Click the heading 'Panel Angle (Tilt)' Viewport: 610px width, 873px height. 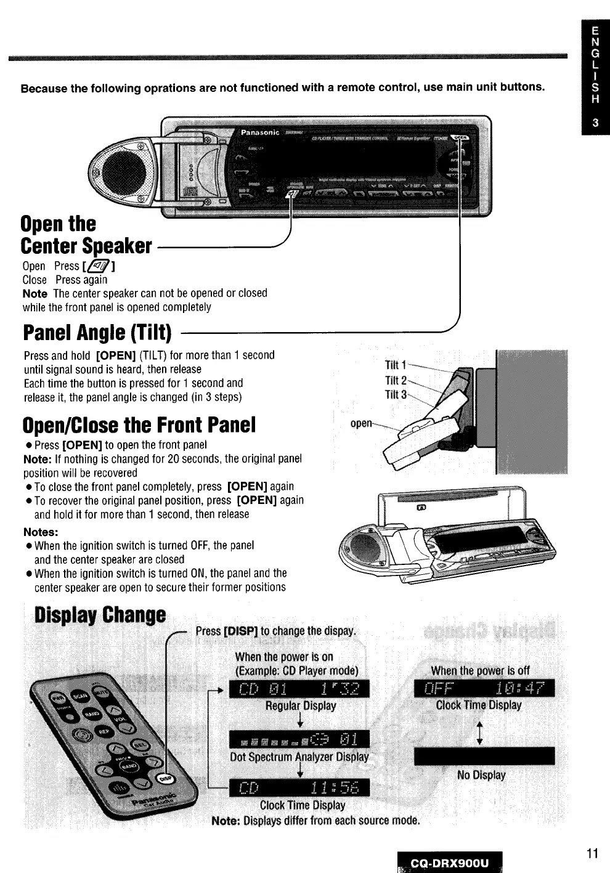click(x=97, y=333)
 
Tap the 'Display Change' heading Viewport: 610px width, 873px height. click(x=100, y=615)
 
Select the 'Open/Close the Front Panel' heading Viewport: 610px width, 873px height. click(x=139, y=425)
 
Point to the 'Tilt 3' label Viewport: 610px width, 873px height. click(x=396, y=394)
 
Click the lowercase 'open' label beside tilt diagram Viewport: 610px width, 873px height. click(x=361, y=423)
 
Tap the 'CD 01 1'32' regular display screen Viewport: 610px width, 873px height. click(x=299, y=689)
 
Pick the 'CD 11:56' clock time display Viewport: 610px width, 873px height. click(x=299, y=787)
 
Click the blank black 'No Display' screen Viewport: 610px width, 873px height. click(x=484, y=756)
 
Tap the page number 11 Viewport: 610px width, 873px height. click(x=592, y=853)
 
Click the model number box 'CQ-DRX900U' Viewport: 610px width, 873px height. click(x=450, y=863)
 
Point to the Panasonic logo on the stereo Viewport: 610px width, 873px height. click(x=259, y=132)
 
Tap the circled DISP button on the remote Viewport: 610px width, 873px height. click(x=166, y=778)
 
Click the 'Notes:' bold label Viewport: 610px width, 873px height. click(x=41, y=532)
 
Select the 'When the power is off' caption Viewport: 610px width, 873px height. click(x=480, y=671)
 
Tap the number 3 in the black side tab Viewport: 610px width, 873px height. click(x=595, y=123)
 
